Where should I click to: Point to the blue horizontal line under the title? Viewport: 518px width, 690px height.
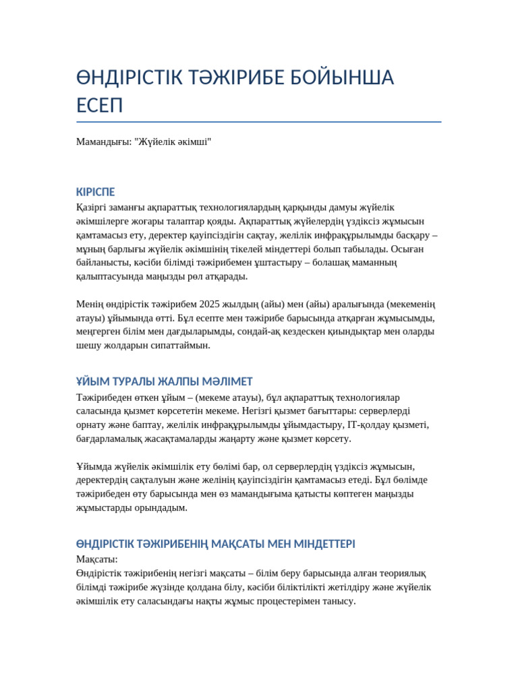tap(259, 122)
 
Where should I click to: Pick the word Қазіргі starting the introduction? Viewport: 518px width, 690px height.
tap(92, 207)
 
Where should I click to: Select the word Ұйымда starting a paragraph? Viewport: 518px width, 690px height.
tap(94, 466)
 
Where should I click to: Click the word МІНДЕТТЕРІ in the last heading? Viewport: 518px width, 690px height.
tap(319, 544)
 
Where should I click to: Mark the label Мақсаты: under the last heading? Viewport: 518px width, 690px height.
tap(97, 559)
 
